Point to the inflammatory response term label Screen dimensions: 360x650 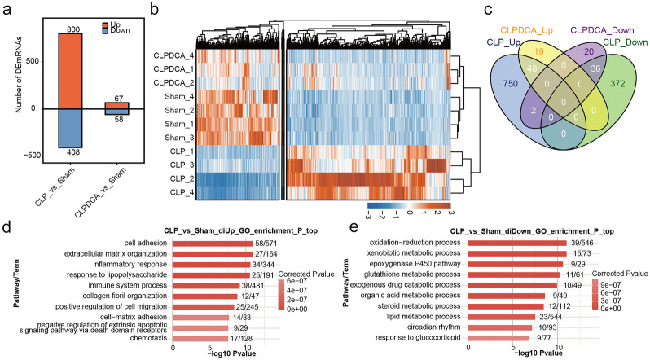134,266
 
